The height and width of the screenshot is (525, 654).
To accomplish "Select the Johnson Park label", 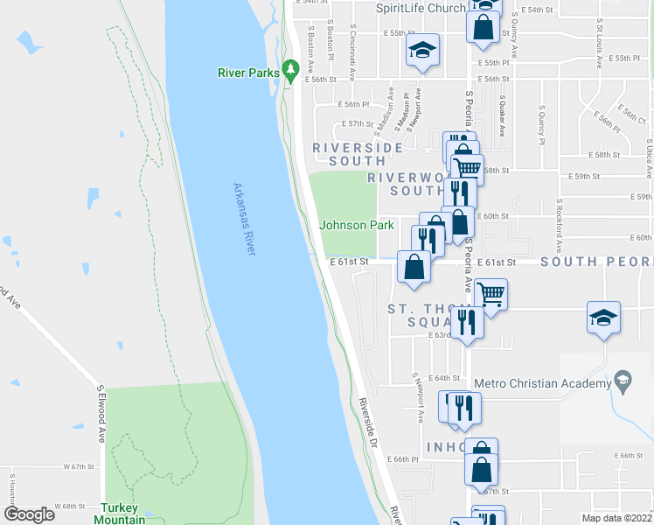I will pyautogui.click(x=357, y=225).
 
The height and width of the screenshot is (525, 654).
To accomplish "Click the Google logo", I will pyautogui.click(x=29, y=514).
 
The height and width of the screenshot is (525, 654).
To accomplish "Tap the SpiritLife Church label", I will pyautogui.click(x=421, y=8).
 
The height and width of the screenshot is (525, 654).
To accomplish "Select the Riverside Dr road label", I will pyautogui.click(x=367, y=424).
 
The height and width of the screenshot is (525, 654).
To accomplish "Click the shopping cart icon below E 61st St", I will pyautogui.click(x=491, y=294).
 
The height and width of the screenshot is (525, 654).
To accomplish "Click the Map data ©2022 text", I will pyautogui.click(x=616, y=518).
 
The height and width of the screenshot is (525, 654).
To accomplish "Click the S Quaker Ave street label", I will pyautogui.click(x=501, y=116).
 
